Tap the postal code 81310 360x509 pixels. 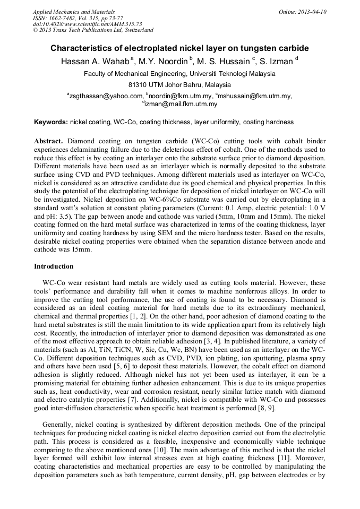[139, 85]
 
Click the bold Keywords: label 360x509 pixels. [51, 122]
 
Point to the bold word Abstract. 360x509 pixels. [49, 142]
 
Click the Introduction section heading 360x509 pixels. [54, 266]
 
